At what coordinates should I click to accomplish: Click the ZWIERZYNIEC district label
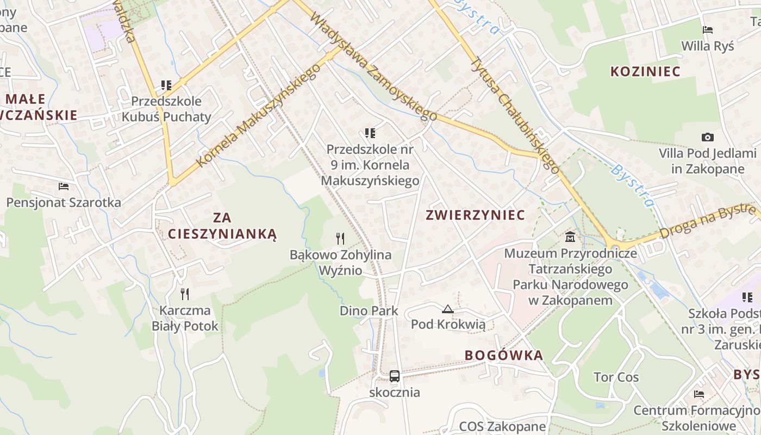click(x=475, y=215)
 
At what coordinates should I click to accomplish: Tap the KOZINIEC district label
click(x=645, y=71)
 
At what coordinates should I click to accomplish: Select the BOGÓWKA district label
click(x=503, y=356)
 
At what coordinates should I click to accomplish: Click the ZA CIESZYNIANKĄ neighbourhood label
click(x=222, y=226)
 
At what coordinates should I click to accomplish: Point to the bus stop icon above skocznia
click(x=395, y=376)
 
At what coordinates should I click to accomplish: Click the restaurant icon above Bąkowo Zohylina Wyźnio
click(x=340, y=238)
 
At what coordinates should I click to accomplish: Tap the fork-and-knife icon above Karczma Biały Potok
click(x=185, y=294)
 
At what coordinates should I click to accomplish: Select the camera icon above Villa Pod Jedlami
click(x=707, y=137)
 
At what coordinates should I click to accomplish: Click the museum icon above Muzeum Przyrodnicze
click(x=570, y=237)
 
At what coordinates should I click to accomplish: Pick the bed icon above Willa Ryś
click(x=707, y=29)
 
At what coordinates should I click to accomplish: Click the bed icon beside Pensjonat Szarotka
click(x=64, y=186)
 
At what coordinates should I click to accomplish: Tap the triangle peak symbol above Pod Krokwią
click(x=448, y=309)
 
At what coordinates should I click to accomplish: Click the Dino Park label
click(x=369, y=311)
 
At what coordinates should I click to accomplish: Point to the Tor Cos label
click(x=616, y=377)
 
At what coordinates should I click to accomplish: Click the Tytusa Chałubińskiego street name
click(x=514, y=115)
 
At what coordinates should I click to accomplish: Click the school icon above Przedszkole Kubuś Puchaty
click(x=166, y=85)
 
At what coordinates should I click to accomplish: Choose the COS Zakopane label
click(x=502, y=426)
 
